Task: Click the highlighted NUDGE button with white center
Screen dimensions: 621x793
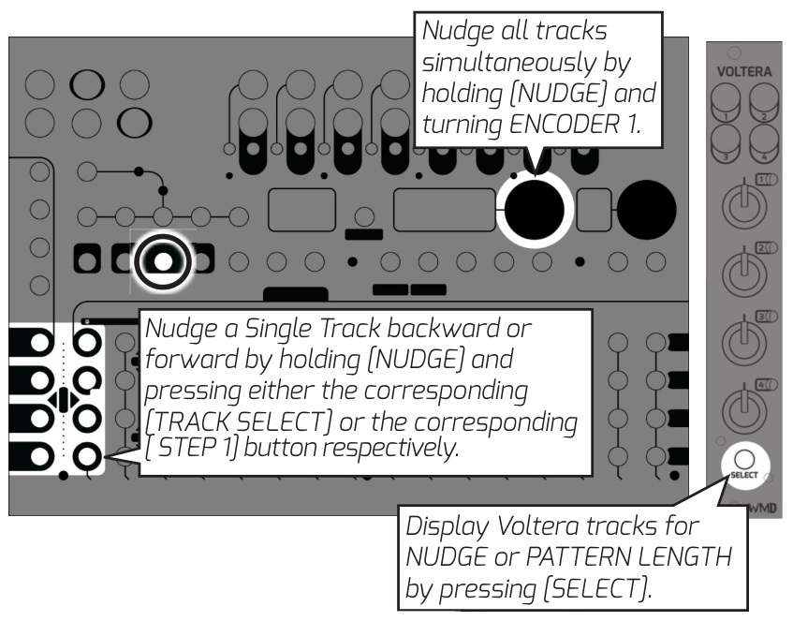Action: pyautogui.click(x=162, y=261)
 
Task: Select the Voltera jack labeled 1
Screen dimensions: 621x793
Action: pyautogui.click(x=724, y=102)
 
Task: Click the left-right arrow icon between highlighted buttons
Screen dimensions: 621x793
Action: pyautogui.click(x=63, y=400)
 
